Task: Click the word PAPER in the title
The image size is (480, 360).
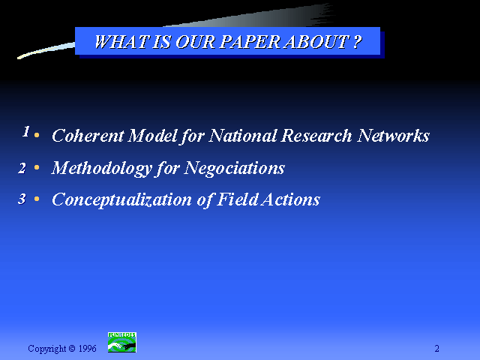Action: (250, 42)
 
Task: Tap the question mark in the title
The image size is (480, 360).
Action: (357, 42)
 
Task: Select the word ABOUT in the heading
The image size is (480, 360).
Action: (316, 42)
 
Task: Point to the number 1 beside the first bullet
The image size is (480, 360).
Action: (26, 131)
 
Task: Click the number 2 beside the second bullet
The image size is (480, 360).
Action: (22, 168)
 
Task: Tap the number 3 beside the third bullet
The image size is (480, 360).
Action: (22, 199)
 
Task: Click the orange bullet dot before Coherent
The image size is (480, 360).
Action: (37, 135)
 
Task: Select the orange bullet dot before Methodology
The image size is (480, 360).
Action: (37, 167)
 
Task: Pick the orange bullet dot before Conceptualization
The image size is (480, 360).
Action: (37, 199)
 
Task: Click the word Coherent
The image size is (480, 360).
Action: (88, 135)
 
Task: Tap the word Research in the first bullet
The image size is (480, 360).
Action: (316, 135)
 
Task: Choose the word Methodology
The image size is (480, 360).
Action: (102, 168)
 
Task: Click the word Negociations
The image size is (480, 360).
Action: (235, 168)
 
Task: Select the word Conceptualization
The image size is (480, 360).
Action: (121, 200)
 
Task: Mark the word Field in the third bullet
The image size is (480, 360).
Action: (237, 199)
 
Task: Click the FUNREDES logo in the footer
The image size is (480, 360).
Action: (121, 342)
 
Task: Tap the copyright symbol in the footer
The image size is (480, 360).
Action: (72, 348)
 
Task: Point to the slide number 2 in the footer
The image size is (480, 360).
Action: (436, 348)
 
